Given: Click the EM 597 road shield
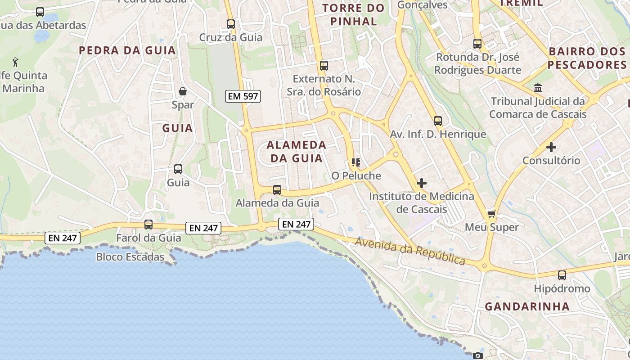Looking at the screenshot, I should tap(243, 96).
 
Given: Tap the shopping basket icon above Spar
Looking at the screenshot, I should tap(183, 92).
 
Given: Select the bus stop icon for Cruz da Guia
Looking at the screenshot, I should tap(231, 24).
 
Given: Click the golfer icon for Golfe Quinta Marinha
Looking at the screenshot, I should tap(16, 61).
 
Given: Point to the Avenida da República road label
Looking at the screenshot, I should tap(410, 251).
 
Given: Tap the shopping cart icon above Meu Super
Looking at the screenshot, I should tap(491, 214).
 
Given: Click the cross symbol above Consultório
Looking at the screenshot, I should tap(551, 147).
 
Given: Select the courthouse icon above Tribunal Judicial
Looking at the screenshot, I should tap(538, 88).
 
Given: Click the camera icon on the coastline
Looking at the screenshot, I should tap(477, 355).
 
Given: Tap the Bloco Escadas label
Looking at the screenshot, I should tap(130, 257).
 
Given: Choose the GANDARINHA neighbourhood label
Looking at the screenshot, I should tap(527, 306).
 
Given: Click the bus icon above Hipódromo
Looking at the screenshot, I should tap(562, 275).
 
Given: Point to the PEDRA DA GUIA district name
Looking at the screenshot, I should tap(127, 50).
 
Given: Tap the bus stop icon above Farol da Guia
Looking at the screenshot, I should tap(148, 224).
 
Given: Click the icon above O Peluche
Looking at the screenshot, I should tap(356, 162).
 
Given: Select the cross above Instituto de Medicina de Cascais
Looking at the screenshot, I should tap(422, 183).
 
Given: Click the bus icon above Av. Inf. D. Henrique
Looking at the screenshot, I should tap(437, 121).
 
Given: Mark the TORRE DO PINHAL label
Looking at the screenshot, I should tap(354, 14).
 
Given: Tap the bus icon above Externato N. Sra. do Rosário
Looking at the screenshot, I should tap(324, 66).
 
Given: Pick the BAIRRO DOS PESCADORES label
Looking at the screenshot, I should tap(587, 58).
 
